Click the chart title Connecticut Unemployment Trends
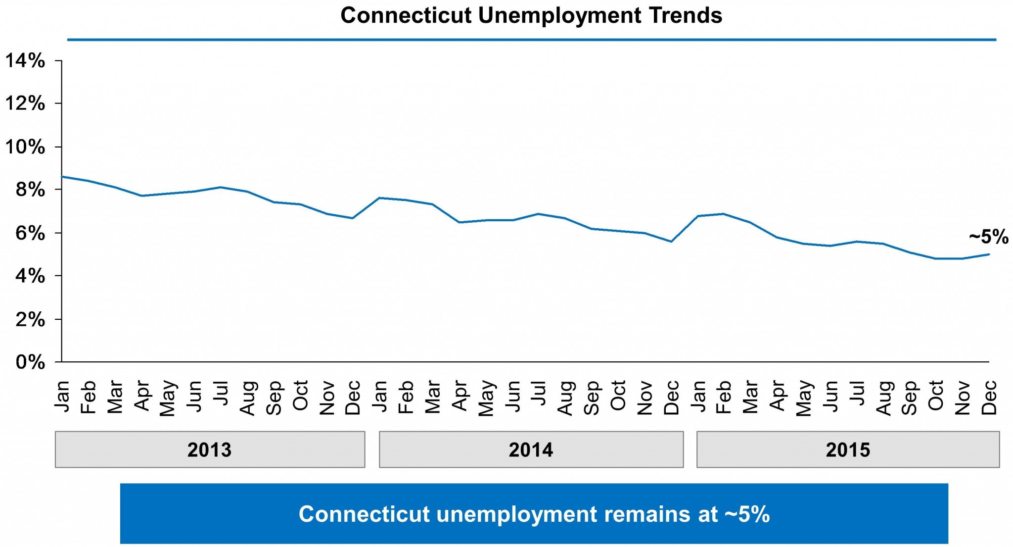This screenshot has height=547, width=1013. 531,16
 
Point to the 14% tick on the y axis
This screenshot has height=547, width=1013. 25,61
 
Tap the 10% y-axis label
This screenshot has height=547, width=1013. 25,147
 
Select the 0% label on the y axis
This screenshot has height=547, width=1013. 30,362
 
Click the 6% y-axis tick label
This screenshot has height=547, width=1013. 30,233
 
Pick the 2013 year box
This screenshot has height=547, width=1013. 210,449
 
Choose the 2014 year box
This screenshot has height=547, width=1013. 531,449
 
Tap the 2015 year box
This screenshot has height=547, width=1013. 848,449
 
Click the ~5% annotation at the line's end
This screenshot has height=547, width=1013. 988,237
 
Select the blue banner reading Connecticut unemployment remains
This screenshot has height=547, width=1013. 534,514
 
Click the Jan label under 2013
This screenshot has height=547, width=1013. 62,396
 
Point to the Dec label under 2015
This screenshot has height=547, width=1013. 989,397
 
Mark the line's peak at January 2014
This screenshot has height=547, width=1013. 379,198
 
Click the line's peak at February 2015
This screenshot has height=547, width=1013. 724,214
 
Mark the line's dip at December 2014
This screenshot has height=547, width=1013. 671,242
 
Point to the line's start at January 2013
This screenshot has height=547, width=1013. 62,177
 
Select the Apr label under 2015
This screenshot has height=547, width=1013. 777,396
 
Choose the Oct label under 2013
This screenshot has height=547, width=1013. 300,396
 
